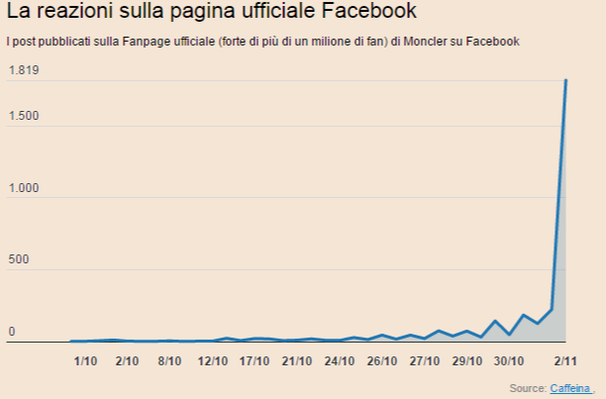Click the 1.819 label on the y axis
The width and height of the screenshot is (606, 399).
(x=23, y=70)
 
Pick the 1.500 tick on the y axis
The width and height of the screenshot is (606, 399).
(x=23, y=116)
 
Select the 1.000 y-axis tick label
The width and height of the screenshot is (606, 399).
(x=23, y=188)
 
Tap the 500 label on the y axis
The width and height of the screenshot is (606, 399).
(x=18, y=260)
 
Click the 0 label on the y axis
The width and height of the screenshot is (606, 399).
(x=12, y=333)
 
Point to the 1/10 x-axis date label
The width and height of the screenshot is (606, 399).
(x=85, y=361)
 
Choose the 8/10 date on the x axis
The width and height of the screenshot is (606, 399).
(x=169, y=361)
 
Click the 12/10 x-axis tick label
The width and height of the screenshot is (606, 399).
(x=212, y=361)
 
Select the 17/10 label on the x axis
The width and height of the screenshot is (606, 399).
(x=254, y=361)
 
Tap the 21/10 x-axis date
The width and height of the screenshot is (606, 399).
(x=297, y=361)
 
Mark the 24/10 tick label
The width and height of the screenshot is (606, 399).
(x=340, y=361)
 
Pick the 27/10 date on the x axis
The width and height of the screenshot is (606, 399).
(x=425, y=361)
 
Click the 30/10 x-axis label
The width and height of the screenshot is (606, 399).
(x=509, y=361)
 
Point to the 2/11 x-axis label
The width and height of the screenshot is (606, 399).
(x=565, y=361)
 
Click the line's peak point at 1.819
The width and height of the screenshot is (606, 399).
(x=565, y=79)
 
